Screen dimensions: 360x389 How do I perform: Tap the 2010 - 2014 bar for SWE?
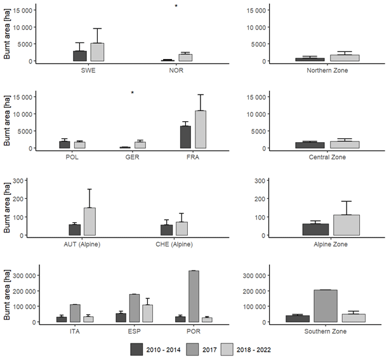pos(80,56)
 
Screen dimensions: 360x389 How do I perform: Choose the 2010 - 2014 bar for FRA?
pos(185,137)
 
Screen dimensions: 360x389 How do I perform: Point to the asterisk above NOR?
pos(176,7)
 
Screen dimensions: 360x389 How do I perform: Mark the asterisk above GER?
pos(133,93)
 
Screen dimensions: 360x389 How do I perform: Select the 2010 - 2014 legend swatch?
pos(138,349)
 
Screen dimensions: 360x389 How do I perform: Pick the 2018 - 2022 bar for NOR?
pos(185,58)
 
